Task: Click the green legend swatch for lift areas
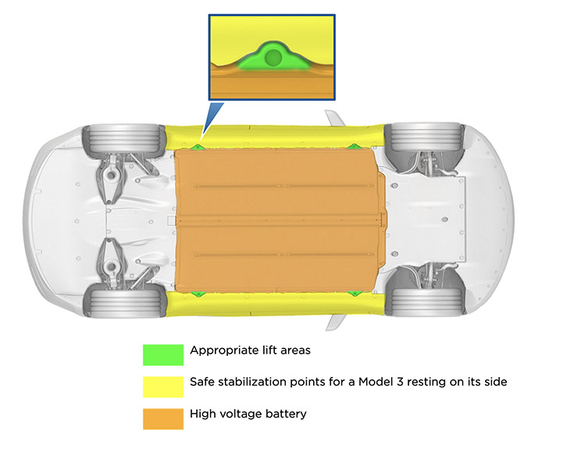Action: point(162,354)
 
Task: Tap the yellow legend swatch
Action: point(162,386)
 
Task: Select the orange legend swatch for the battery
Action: point(162,418)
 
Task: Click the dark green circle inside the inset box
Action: point(272,58)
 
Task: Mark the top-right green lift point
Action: point(354,146)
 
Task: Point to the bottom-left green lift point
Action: point(198,294)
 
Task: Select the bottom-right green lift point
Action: point(354,294)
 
